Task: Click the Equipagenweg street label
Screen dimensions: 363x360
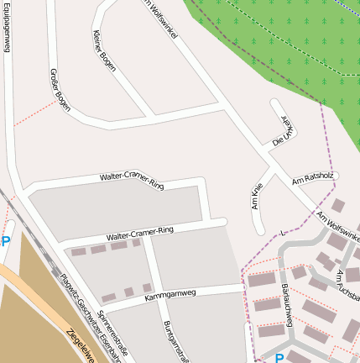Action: [7, 27]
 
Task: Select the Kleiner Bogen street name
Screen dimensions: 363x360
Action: [104, 50]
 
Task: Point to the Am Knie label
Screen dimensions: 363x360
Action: [258, 197]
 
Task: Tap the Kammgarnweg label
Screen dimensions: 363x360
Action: [170, 295]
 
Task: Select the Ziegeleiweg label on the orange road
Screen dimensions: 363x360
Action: [80, 345]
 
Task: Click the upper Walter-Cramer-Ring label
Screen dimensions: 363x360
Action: [132, 180]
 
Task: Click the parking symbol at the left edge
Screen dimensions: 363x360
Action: [6, 242]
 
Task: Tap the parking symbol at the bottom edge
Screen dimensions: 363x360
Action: [279, 358]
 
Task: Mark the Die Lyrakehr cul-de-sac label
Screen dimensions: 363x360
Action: [284, 130]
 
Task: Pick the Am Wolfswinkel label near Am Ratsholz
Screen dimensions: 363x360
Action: [337, 222]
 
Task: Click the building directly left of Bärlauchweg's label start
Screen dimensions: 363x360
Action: [263, 280]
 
